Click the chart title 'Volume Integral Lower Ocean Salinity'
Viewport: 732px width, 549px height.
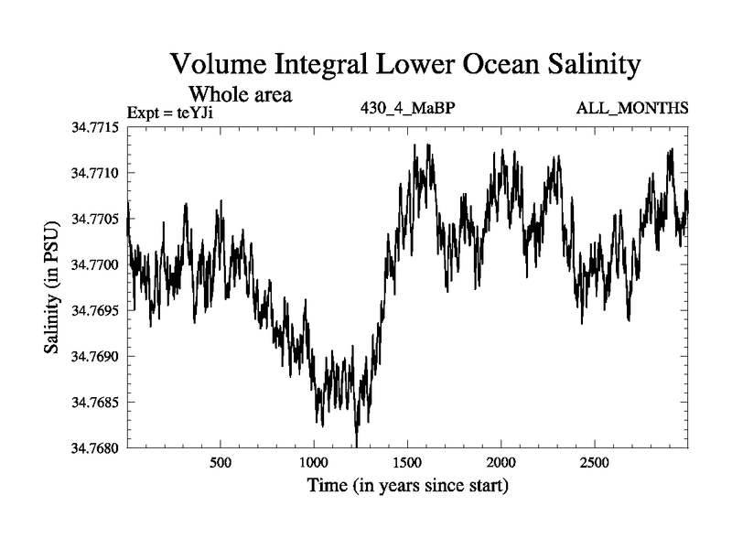(403, 65)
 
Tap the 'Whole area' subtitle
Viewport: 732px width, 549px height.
(240, 94)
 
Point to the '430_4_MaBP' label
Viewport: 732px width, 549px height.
(408, 108)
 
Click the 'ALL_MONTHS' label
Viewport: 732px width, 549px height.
(632, 108)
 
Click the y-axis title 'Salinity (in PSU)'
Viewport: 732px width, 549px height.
(53, 286)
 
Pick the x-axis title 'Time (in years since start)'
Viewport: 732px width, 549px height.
(407, 485)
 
